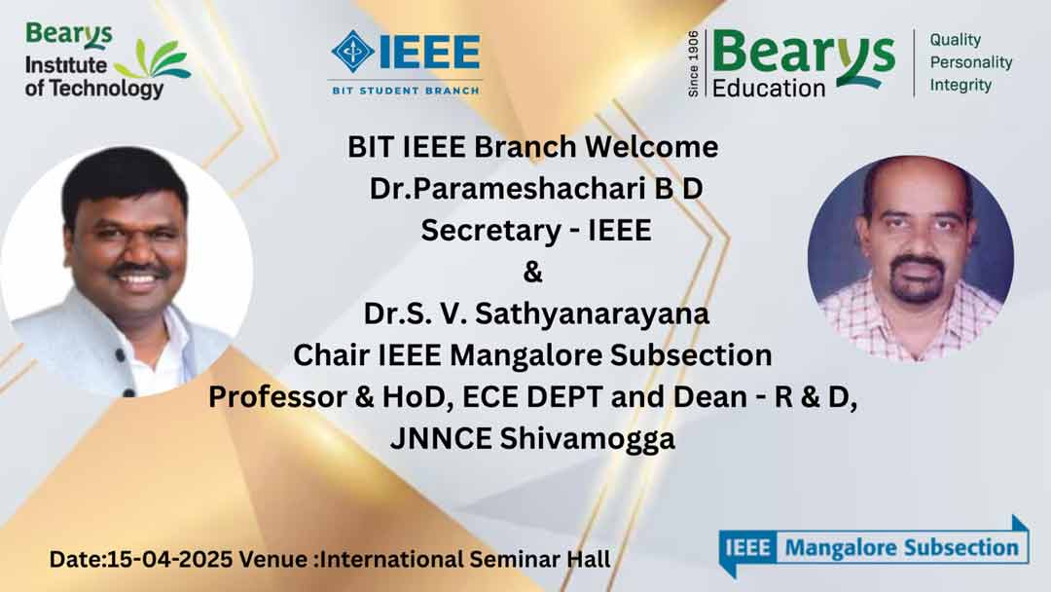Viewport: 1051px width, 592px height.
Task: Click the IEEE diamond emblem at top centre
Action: tap(353, 51)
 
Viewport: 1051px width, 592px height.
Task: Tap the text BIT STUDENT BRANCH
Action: tap(406, 90)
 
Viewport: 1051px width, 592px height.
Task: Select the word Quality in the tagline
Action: tap(956, 40)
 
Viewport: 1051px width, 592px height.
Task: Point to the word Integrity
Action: tap(960, 85)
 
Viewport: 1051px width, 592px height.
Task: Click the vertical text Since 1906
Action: tap(694, 63)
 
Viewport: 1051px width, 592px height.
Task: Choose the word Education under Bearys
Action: tap(768, 88)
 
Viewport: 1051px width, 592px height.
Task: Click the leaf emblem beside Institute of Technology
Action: tap(153, 59)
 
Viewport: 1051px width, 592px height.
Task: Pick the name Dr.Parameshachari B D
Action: tap(535, 188)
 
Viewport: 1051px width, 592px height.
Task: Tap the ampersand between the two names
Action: tap(532, 273)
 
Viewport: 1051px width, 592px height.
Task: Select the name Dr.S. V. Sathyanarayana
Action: tap(536, 314)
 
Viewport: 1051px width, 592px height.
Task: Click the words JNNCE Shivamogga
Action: tap(532, 439)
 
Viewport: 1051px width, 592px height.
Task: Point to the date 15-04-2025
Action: tap(170, 559)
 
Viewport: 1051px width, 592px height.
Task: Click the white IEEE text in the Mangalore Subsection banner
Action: tap(747, 548)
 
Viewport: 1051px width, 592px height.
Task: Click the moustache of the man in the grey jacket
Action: tap(138, 269)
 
